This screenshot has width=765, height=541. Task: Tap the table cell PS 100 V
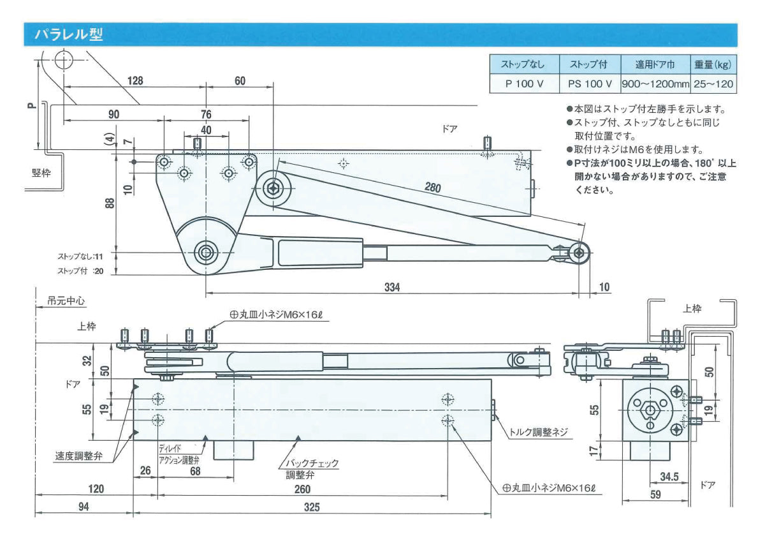[x=590, y=84]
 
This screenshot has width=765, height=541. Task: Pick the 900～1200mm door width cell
[x=655, y=84]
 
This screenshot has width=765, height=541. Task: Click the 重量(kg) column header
[x=712, y=65]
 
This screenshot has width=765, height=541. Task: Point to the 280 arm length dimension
[x=433, y=187]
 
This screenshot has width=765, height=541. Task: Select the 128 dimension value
[x=135, y=81]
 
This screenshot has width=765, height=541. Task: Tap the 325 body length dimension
[x=312, y=507]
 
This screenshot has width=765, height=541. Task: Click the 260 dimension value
[x=303, y=489]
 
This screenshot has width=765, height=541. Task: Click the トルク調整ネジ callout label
[x=537, y=432]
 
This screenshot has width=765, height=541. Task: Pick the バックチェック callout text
[x=311, y=463]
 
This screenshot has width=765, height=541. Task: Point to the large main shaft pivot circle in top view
[x=206, y=253]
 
